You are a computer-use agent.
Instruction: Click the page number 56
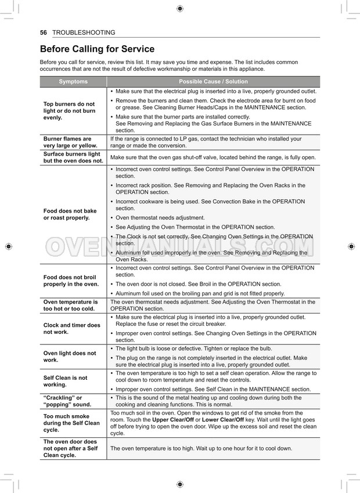tap(43, 33)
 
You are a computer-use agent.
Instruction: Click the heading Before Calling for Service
tap(97, 49)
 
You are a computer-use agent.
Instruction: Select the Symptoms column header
tap(73, 82)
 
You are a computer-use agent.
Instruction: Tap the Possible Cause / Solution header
tap(213, 82)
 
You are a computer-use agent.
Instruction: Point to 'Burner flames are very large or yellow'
tap(70, 142)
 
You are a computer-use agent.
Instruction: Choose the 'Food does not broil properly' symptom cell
tap(71, 280)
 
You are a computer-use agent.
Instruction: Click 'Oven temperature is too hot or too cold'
tap(71, 305)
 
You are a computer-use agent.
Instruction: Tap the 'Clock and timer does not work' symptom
tap(71, 329)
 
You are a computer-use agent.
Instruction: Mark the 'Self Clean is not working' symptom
tap(66, 381)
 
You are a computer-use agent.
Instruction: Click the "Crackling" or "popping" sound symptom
tap(67, 401)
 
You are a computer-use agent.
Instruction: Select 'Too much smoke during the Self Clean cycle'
tap(71, 423)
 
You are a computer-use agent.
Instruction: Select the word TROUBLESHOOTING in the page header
tap(84, 33)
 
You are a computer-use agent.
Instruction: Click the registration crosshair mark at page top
tap(180, 8)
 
